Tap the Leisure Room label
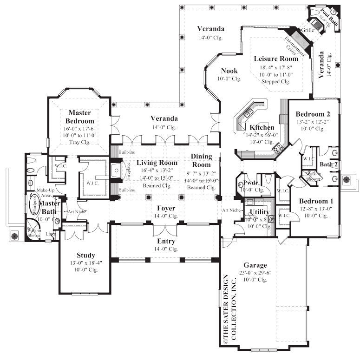coord(276,59)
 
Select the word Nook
coord(229,71)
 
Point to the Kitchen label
coord(262,128)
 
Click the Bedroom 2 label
coord(313,114)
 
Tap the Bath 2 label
coord(328,164)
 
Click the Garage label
coord(255,265)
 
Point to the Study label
coord(86,255)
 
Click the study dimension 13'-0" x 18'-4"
coord(86,263)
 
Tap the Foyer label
coord(166,209)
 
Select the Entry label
coord(166,242)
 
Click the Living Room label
coord(157,163)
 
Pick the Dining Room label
coord(202,160)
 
